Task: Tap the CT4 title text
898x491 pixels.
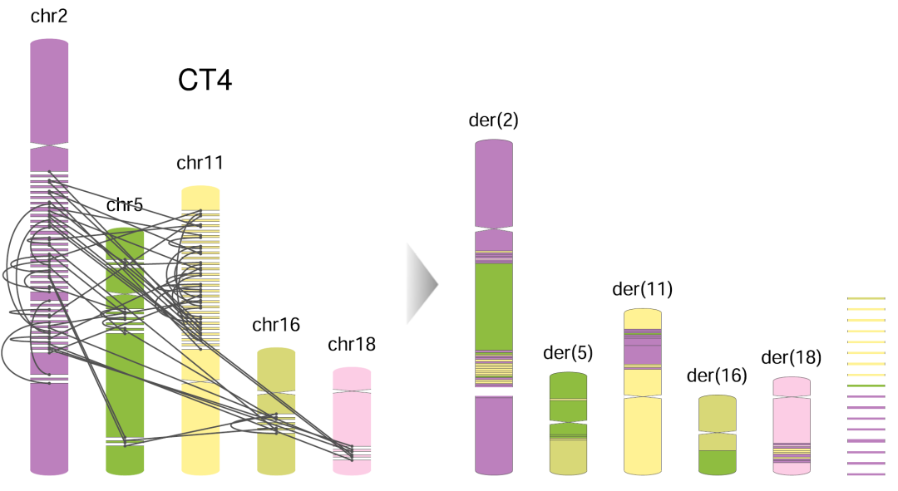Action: click(x=205, y=80)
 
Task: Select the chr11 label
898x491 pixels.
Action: click(x=200, y=163)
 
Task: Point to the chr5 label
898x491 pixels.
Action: click(x=125, y=205)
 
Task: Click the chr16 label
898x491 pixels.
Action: click(x=276, y=325)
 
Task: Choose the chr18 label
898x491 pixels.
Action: click(x=352, y=344)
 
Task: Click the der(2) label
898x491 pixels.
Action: click(x=494, y=120)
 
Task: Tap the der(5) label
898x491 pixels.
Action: click(x=568, y=352)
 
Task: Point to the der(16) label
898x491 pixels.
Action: click(x=717, y=375)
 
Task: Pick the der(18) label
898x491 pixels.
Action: click(x=792, y=357)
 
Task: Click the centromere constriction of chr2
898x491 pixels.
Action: click(x=49, y=146)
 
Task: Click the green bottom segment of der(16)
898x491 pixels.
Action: click(x=718, y=462)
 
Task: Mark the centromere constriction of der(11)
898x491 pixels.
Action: click(x=643, y=396)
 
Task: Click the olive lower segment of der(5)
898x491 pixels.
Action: click(x=569, y=457)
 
